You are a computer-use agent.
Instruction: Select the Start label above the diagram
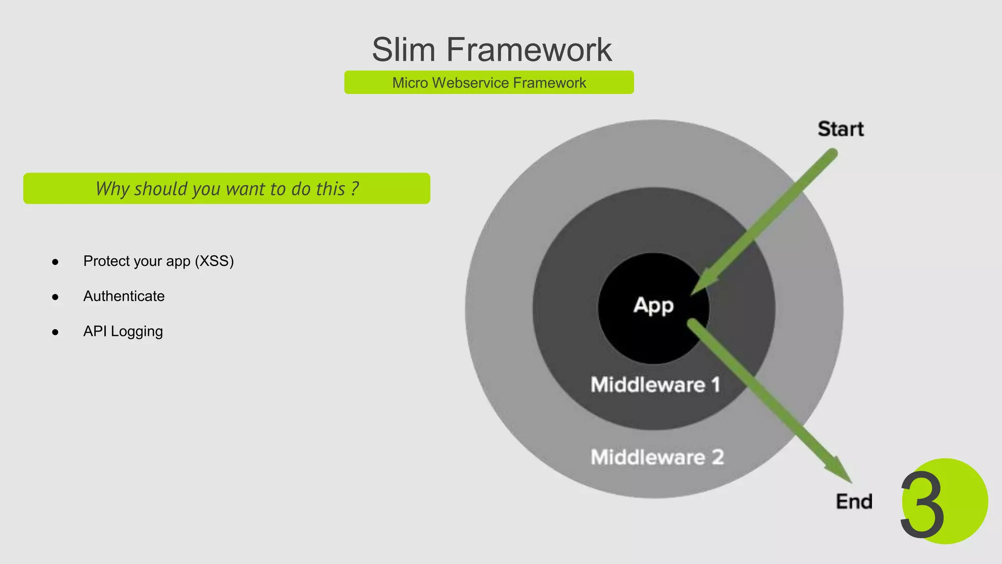pyautogui.click(x=840, y=129)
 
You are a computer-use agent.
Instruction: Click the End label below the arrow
pyautogui.click(x=854, y=501)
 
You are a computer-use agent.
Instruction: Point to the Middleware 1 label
pyautogui.click(x=655, y=385)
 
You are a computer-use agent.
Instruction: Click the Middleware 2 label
pyautogui.click(x=657, y=457)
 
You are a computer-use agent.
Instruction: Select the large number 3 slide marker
pyautogui.click(x=922, y=504)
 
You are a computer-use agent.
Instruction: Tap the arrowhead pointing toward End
pyautogui.click(x=841, y=471)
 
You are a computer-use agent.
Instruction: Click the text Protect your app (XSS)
pyautogui.click(x=159, y=261)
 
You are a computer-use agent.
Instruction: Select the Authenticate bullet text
pyautogui.click(x=124, y=296)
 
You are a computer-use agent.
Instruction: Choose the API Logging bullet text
pyautogui.click(x=123, y=331)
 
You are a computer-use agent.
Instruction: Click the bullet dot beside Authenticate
pyautogui.click(x=55, y=297)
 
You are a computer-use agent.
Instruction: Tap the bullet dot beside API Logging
pyautogui.click(x=55, y=332)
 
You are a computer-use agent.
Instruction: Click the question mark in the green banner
pyautogui.click(x=355, y=188)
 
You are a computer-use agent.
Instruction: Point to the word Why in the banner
pyautogui.click(x=112, y=189)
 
